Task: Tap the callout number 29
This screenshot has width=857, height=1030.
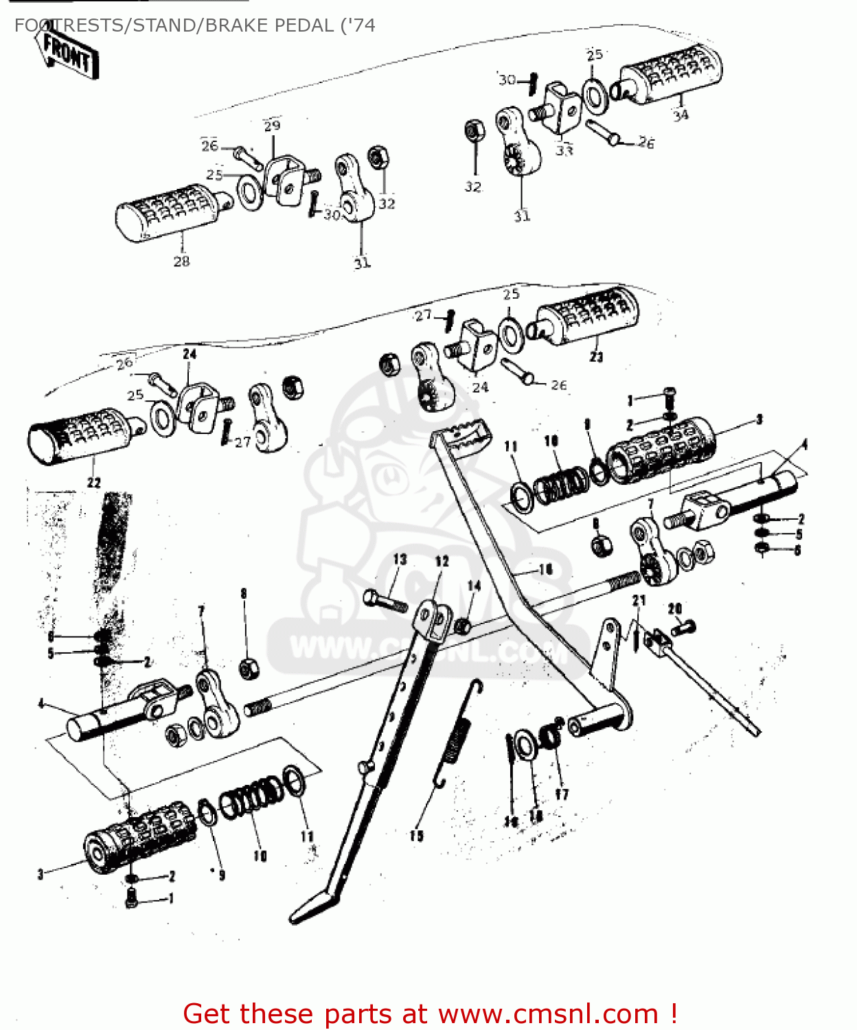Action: pos(272,126)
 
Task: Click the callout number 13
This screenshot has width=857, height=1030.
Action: pos(400,560)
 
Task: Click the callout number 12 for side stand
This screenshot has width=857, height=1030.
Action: pos(442,561)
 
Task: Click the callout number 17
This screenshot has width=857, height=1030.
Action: pos(561,794)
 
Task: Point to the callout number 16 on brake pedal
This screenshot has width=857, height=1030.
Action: pos(545,569)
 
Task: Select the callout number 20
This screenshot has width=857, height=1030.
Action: pos(674,608)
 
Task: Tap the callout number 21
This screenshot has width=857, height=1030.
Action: pos(639,600)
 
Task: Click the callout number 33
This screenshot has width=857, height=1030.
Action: pos(564,150)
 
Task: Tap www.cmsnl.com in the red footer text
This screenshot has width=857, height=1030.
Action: pos(548,1014)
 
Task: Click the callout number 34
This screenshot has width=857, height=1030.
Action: pos(680,115)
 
